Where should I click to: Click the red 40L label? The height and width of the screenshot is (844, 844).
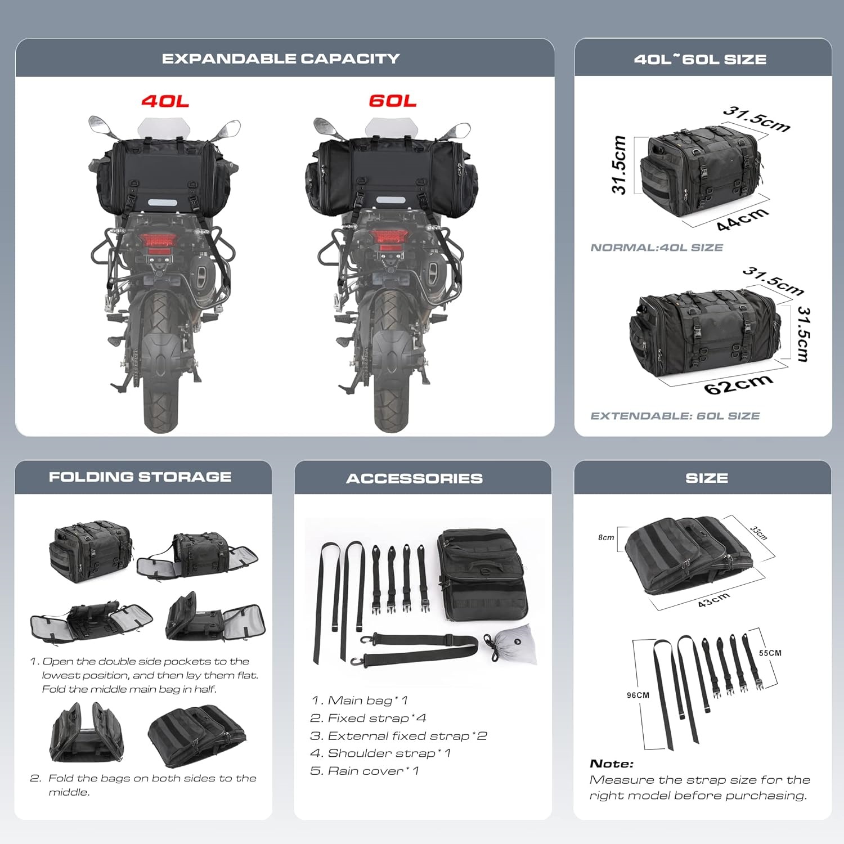tap(165, 101)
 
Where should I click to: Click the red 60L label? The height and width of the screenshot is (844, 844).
tap(393, 101)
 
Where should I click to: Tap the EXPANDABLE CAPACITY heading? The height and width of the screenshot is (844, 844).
tap(281, 59)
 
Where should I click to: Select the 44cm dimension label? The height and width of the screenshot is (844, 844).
tap(743, 219)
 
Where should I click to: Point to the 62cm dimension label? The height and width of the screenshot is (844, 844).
tap(738, 384)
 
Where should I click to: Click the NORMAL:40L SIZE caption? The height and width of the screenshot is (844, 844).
tap(657, 248)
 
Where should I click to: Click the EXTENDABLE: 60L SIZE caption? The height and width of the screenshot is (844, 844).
tap(675, 416)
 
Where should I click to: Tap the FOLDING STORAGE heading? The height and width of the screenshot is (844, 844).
tap(140, 477)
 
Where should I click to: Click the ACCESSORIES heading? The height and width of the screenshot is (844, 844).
tap(415, 478)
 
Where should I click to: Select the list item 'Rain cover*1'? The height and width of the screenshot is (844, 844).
tap(365, 771)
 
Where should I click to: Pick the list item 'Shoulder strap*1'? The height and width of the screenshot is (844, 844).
tap(380, 753)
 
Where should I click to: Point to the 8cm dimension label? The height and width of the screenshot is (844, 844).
tap(606, 537)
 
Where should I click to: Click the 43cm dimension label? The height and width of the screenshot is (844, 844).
tap(714, 600)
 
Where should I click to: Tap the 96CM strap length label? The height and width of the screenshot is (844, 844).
tap(638, 695)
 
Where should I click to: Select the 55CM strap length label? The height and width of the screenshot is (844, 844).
tap(770, 653)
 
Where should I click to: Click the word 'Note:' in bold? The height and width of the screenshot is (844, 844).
tap(612, 764)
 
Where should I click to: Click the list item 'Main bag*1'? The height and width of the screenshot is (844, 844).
tap(360, 701)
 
